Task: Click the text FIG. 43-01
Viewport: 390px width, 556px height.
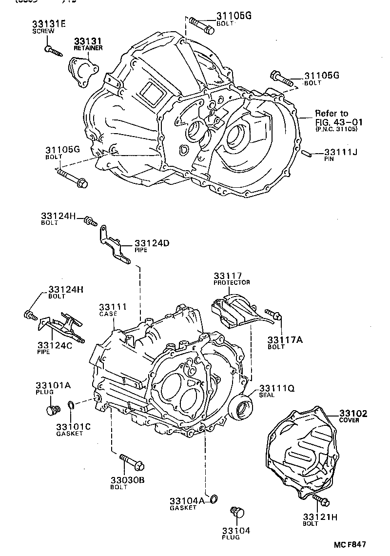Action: pyautogui.click(x=338, y=122)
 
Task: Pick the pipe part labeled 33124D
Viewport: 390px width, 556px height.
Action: pyautogui.click(x=115, y=245)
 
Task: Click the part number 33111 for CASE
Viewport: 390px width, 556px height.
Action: pyautogui.click(x=113, y=307)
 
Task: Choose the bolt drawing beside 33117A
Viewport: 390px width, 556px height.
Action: pyautogui.click(x=273, y=315)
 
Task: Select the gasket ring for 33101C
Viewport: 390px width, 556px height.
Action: pyautogui.click(x=71, y=405)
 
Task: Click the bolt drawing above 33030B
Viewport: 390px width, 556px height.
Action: pyautogui.click(x=131, y=460)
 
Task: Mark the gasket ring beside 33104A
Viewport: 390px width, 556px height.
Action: pyautogui.click(x=214, y=498)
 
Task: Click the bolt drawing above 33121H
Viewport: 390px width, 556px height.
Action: pyautogui.click(x=320, y=500)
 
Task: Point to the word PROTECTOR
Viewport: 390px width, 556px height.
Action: pyautogui.click(x=232, y=283)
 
